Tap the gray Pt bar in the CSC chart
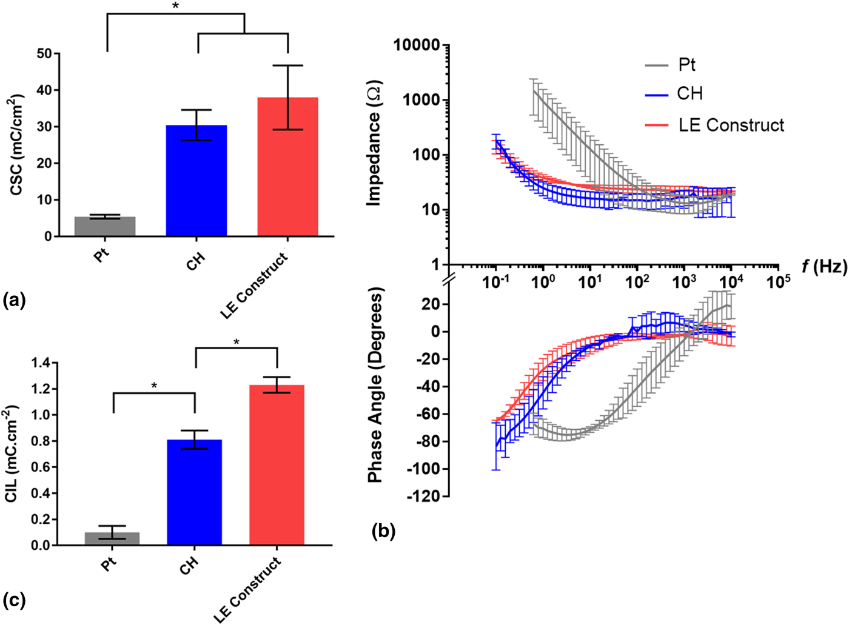click(x=105, y=226)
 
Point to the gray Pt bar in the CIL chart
click(x=112, y=538)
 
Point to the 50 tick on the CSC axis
click(x=44, y=53)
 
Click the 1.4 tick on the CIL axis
click(x=42, y=363)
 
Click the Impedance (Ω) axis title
click(x=374, y=143)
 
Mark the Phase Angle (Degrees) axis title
click(x=376, y=386)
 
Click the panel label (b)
click(x=383, y=532)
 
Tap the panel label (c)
click(x=15, y=600)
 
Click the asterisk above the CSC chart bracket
click(x=176, y=6)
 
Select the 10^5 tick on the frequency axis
click(x=778, y=281)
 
